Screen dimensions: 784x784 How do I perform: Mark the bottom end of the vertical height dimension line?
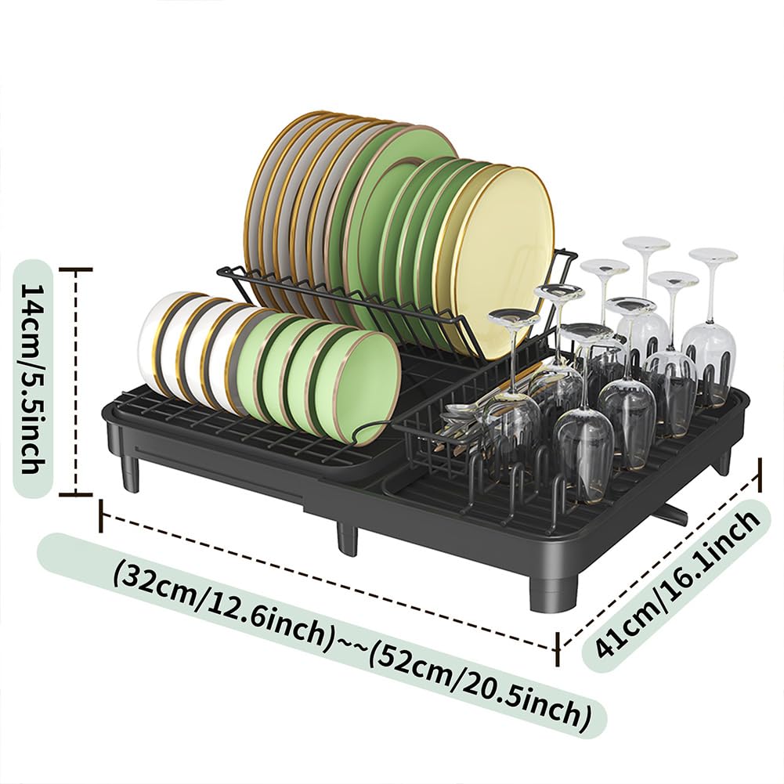(x=75, y=494)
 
